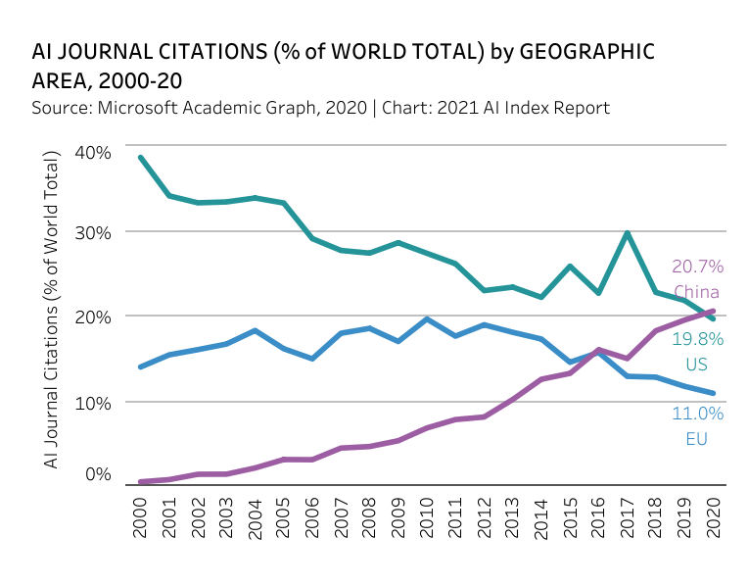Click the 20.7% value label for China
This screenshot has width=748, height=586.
(697, 267)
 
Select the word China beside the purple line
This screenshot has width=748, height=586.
(697, 292)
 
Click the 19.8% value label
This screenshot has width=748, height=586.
(697, 339)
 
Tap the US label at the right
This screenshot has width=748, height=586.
(697, 365)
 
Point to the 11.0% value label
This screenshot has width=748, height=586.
(697, 414)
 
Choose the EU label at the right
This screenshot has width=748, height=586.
(697, 439)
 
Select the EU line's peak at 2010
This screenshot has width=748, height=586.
(427, 318)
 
